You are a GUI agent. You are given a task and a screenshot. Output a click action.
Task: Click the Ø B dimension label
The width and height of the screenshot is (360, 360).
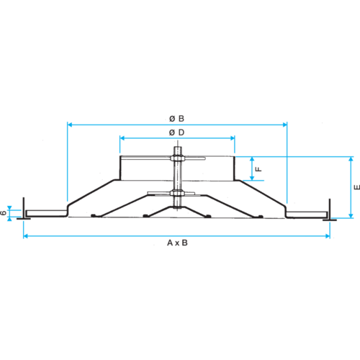[176, 119]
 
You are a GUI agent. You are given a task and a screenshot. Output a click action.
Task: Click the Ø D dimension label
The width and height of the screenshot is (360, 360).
[176, 132]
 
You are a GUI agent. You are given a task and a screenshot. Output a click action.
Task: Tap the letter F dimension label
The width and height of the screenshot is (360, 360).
[258, 169]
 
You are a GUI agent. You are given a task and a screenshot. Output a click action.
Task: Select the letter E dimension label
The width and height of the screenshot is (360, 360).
[357, 187]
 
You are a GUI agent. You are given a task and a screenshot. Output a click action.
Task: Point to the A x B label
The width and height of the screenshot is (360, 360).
[177, 243]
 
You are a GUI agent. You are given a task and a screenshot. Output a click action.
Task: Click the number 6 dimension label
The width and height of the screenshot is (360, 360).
[4, 212]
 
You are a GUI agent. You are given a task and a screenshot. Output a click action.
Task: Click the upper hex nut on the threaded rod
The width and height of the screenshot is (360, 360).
[177, 158]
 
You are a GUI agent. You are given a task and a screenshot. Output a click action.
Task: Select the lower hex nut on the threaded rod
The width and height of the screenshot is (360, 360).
[177, 193]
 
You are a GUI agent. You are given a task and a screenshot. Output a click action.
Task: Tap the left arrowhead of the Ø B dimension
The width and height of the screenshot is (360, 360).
[70, 125]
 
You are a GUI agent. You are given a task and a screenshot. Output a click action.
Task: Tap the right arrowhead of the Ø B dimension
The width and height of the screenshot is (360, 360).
[284, 125]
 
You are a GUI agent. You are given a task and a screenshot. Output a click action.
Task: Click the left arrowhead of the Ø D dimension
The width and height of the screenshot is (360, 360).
[122, 138]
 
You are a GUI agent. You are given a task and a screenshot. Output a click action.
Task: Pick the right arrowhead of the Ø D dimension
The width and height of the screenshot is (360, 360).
[233, 138]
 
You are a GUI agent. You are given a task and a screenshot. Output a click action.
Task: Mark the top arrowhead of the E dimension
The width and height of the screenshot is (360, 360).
[351, 159]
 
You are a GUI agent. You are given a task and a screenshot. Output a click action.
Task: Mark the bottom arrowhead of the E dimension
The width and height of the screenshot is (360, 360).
[351, 216]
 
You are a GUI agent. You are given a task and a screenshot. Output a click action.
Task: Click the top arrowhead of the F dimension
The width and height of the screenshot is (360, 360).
[252, 159]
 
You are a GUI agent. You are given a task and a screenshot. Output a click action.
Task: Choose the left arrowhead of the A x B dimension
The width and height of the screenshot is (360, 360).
[26, 236]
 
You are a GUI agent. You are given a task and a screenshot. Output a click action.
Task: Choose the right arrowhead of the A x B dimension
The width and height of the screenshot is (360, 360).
[328, 236]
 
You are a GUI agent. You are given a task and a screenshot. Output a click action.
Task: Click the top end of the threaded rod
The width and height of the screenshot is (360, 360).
[177, 147]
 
